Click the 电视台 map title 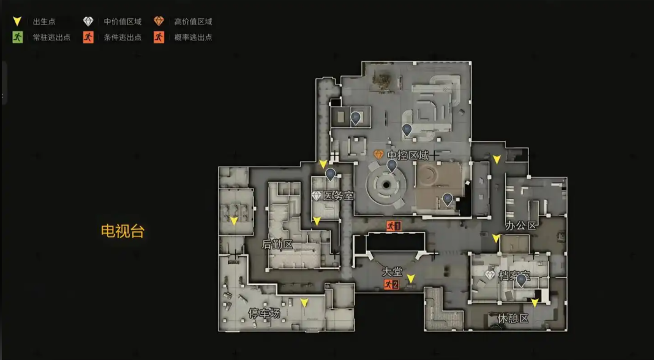pyautogui.click(x=122, y=231)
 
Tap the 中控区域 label pyautogui.click(x=408, y=156)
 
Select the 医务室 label pyautogui.click(x=338, y=196)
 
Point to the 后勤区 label pyautogui.click(x=277, y=244)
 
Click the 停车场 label pyautogui.click(x=264, y=313)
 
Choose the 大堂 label pyautogui.click(x=392, y=272)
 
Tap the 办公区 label pyautogui.click(x=521, y=226)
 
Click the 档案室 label pyautogui.click(x=514, y=276)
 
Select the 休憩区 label pyautogui.click(x=513, y=319)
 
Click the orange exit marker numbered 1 pyautogui.click(x=394, y=226)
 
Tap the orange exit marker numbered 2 pyautogui.click(x=392, y=285)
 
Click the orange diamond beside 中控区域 pyautogui.click(x=378, y=155)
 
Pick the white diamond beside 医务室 pyautogui.click(x=317, y=196)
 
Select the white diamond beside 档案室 pyautogui.click(x=490, y=275)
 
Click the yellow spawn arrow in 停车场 pyautogui.click(x=304, y=302)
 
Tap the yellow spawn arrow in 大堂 pyautogui.click(x=411, y=279)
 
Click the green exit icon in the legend pyautogui.click(x=18, y=37)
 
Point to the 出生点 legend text pyautogui.click(x=44, y=21)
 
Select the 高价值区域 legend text pyautogui.click(x=193, y=21)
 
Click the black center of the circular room pyautogui.click(x=386, y=185)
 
